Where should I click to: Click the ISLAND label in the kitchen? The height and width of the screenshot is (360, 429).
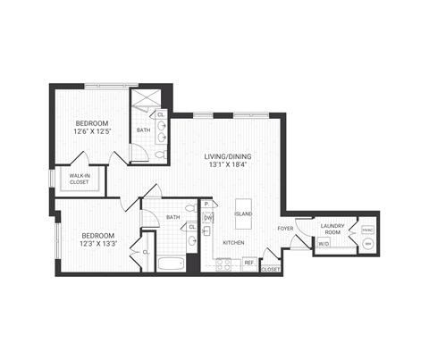point(243,215)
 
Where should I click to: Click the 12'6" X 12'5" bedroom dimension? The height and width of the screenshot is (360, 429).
point(91,132)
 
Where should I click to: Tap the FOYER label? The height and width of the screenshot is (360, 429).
point(285,229)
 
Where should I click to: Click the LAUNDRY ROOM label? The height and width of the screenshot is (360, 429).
point(332,229)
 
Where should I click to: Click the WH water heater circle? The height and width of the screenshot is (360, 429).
point(366,243)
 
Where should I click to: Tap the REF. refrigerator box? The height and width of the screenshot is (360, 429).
point(249,263)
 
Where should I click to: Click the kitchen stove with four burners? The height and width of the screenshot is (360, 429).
point(223,263)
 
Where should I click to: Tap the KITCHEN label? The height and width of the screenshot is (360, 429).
point(233,242)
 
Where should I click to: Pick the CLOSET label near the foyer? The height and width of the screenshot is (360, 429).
point(270,268)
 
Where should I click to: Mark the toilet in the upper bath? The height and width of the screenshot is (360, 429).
point(160,155)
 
